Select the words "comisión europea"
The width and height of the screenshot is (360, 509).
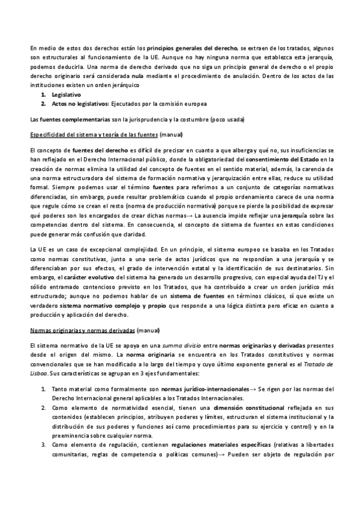186,104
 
